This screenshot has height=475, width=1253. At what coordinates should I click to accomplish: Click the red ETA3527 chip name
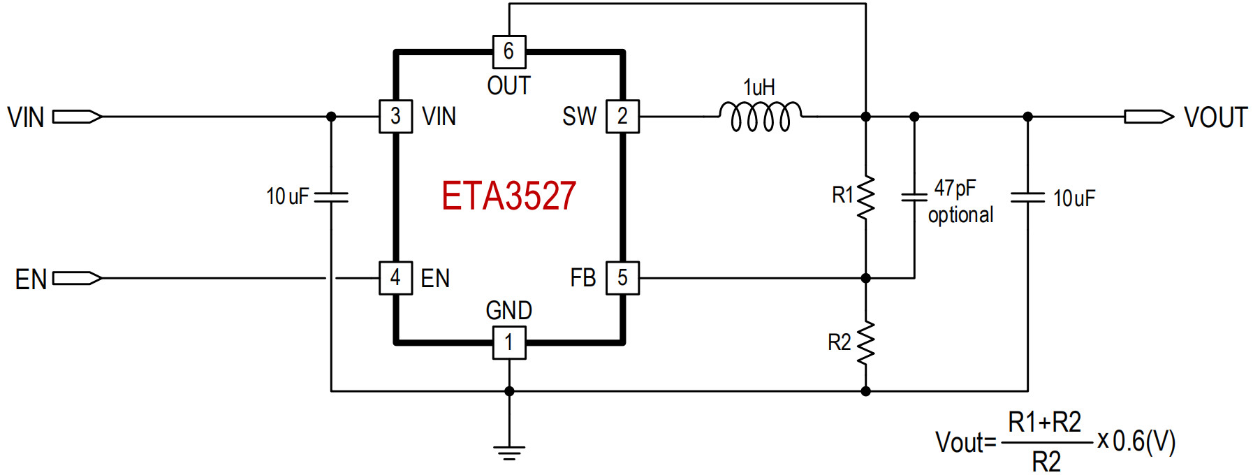[508, 196]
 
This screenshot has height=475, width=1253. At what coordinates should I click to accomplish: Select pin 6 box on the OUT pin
[509, 52]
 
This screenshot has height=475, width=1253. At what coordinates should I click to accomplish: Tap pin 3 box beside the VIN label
[396, 116]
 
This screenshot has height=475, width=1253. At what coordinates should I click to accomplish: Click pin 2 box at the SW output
[622, 116]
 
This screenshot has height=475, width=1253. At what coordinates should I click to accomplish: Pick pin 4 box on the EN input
[396, 278]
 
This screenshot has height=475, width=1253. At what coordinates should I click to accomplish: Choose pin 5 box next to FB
[622, 278]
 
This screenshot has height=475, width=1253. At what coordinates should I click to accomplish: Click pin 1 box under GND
[509, 343]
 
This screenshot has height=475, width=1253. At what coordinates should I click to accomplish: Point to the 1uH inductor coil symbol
[761, 117]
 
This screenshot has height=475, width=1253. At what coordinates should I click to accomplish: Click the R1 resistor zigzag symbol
[866, 198]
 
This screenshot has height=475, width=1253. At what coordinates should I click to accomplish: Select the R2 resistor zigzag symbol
[866, 343]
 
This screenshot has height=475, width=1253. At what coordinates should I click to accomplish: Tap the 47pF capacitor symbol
[914, 196]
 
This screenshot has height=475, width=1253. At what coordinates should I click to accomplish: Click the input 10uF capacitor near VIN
[331, 196]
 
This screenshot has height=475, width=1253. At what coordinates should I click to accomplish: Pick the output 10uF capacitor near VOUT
[1027, 196]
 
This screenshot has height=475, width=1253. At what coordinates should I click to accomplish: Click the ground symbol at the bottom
[509, 453]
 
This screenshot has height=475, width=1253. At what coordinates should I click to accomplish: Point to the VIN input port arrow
[78, 117]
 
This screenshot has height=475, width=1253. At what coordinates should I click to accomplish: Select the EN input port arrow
[78, 279]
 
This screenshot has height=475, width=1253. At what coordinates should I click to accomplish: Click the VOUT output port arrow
[1149, 117]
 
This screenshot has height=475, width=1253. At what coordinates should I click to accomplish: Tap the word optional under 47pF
[960, 215]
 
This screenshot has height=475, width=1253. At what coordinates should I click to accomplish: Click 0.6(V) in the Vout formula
[1144, 441]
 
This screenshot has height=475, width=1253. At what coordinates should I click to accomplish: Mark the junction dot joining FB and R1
[866, 278]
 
